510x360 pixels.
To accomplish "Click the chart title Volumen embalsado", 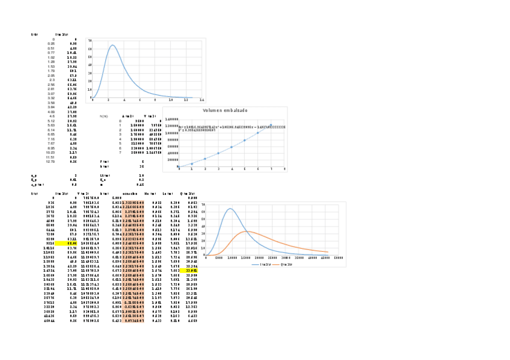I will [225, 111].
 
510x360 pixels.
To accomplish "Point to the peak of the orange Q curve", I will [247, 231].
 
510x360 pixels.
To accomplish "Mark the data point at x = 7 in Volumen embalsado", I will [271, 125].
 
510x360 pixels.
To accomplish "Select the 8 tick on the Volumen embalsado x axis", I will [284, 170].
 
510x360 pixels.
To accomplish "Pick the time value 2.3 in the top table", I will [52, 79].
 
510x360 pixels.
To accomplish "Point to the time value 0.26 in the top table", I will [51, 44].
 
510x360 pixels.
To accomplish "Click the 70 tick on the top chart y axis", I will [90, 40].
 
